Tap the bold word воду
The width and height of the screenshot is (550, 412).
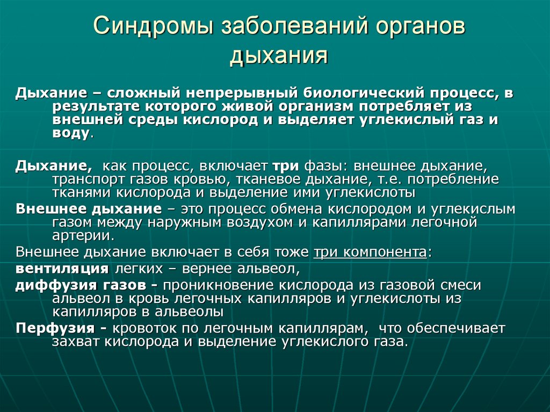point(71,134)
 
